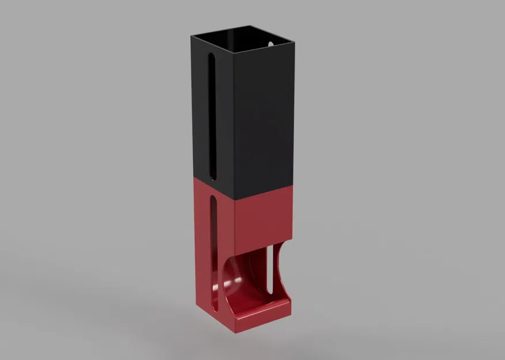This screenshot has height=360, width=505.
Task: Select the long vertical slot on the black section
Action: click(x=212, y=115)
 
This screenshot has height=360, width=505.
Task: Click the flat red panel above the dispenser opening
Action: click(x=262, y=219)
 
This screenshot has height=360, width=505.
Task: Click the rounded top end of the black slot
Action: click(x=212, y=56)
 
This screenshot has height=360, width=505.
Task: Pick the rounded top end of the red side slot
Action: click(x=214, y=199)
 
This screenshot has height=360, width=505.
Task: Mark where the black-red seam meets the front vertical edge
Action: click(x=235, y=201)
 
